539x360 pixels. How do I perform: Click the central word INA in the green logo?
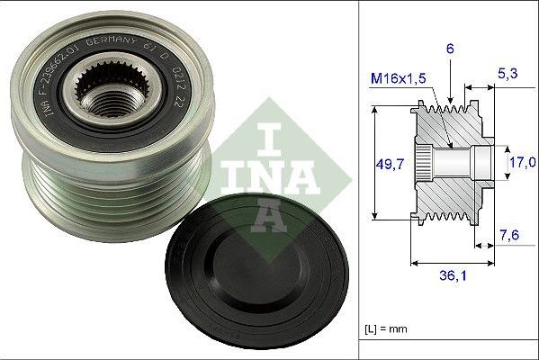(x=260, y=171)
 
